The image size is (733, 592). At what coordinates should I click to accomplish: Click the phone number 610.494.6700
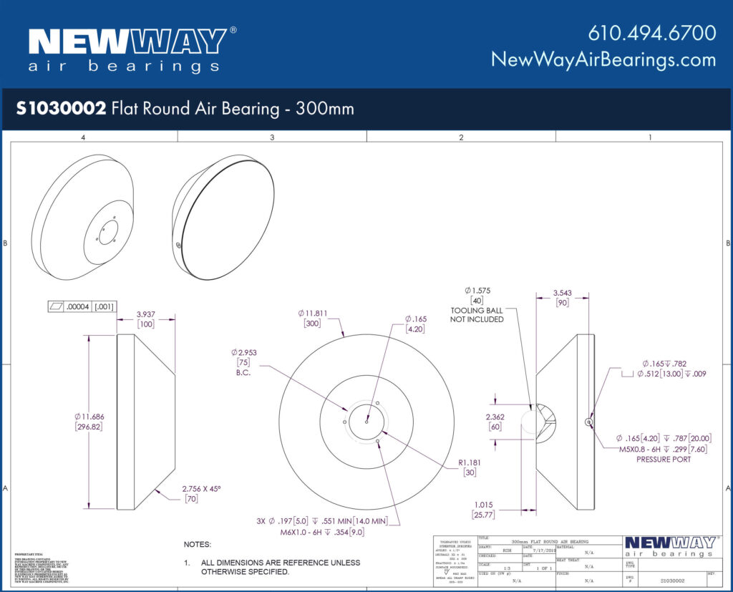click(651, 33)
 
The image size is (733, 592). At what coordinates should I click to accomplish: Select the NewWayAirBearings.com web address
click(603, 59)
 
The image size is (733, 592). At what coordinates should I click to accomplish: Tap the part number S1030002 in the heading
click(62, 109)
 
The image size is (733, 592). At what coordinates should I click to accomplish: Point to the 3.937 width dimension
click(146, 314)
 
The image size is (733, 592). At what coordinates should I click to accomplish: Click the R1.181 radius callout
click(470, 462)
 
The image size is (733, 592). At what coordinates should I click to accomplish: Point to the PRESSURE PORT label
click(664, 460)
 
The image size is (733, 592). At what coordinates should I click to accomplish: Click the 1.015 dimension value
click(484, 504)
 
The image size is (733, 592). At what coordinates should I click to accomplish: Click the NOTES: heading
click(198, 545)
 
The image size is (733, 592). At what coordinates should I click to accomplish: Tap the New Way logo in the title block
click(669, 546)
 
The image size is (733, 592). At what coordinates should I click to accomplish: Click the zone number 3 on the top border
click(272, 136)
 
